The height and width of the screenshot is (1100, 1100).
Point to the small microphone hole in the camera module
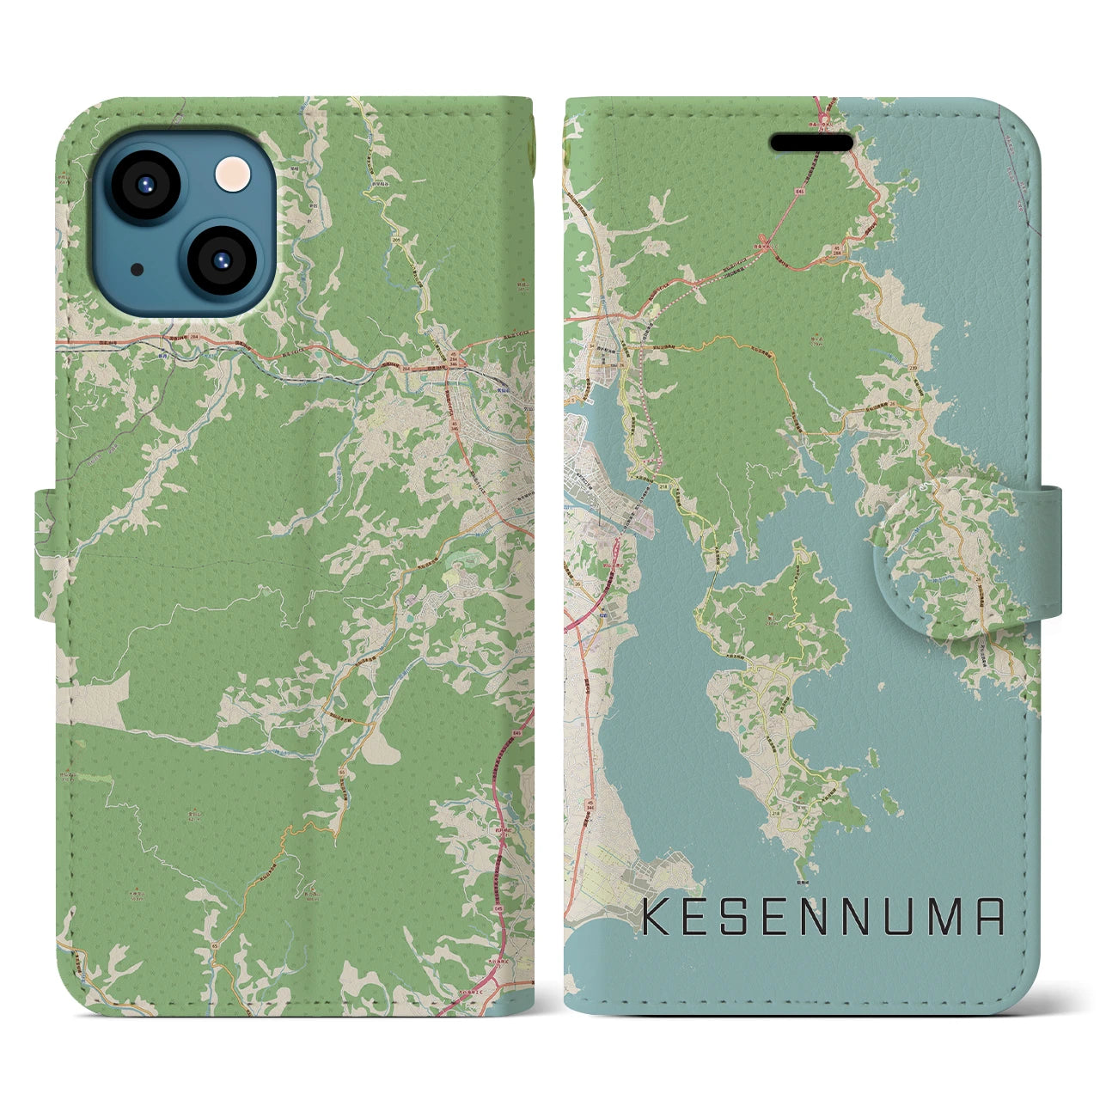tap(137, 269)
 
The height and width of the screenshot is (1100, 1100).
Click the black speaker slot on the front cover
tap(811, 142)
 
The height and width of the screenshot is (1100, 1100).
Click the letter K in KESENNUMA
tap(657, 917)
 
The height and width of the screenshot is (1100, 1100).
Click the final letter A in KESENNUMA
tap(989, 917)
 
